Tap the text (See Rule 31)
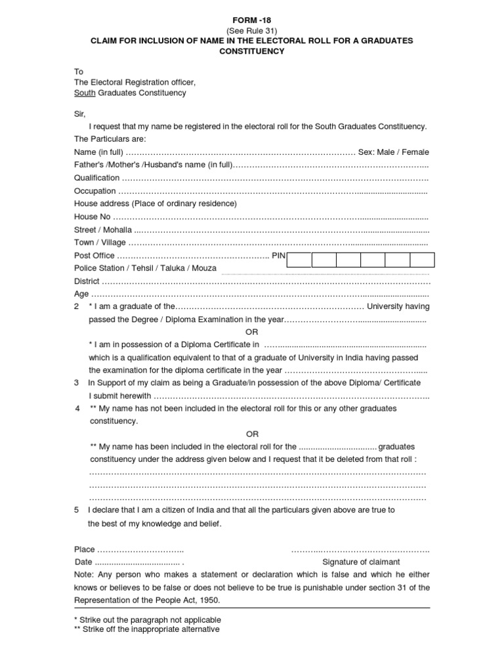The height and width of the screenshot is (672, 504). pyautogui.click(x=252, y=31)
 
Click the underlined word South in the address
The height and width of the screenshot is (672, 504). pyautogui.click(x=85, y=93)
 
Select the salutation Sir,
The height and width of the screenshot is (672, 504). pyautogui.click(x=79, y=114)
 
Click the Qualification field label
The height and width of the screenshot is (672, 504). pyautogui.click(x=96, y=178)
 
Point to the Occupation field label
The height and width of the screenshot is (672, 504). pyautogui.click(x=95, y=191)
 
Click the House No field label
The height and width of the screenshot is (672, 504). pyautogui.click(x=93, y=217)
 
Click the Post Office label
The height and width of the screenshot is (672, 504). pyautogui.click(x=94, y=255)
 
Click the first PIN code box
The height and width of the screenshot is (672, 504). pyautogui.click(x=299, y=259)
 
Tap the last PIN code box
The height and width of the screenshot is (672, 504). pyautogui.click(x=422, y=259)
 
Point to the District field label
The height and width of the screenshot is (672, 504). pyautogui.click(x=87, y=281)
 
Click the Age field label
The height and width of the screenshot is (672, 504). pyautogui.click(x=81, y=294)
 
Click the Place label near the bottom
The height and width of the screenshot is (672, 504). pyautogui.click(x=85, y=549)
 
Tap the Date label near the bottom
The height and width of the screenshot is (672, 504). pyautogui.click(x=83, y=562)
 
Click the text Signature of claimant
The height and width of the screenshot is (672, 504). pyautogui.click(x=361, y=562)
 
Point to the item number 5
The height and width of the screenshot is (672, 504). pyautogui.click(x=77, y=510)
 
